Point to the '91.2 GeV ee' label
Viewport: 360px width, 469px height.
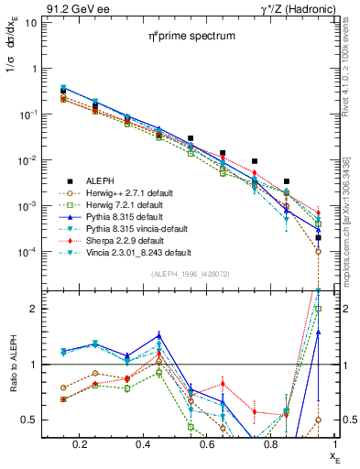[x=71, y=8]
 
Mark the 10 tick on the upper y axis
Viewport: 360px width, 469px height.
[x=30, y=23]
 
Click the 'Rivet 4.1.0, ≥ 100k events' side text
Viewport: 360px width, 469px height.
[x=352, y=69]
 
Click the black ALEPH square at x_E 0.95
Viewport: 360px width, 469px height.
[x=318, y=237]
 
